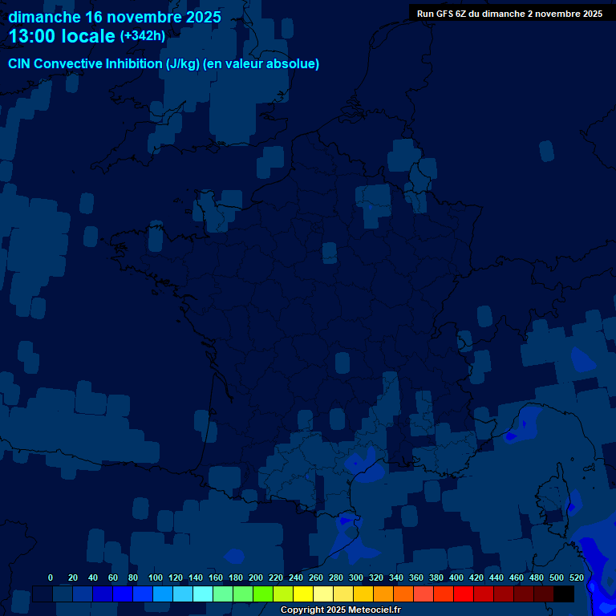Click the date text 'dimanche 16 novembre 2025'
pyautogui.click(x=115, y=17)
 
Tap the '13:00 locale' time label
pyautogui.click(x=62, y=36)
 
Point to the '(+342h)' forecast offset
pyautogui.click(x=143, y=36)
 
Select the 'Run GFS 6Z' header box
pyautogui.click(x=509, y=14)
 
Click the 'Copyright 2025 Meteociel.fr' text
pyautogui.click(x=340, y=610)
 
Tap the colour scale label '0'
pyautogui.click(x=51, y=577)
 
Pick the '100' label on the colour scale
pyautogui.click(x=155, y=577)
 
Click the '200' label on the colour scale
pyautogui.click(x=256, y=577)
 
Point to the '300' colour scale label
pyautogui.click(x=356, y=577)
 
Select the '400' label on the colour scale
pyautogui.click(x=456, y=577)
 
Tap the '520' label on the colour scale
pyautogui.click(x=577, y=577)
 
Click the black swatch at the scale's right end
pyautogui.click(x=564, y=594)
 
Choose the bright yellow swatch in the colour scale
pyautogui.click(x=303, y=594)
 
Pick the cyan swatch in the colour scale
pyautogui.click(x=203, y=594)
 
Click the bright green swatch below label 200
pyautogui.click(x=263, y=594)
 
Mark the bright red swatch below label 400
pyautogui.click(x=464, y=594)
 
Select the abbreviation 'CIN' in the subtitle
pyautogui.click(x=21, y=64)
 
